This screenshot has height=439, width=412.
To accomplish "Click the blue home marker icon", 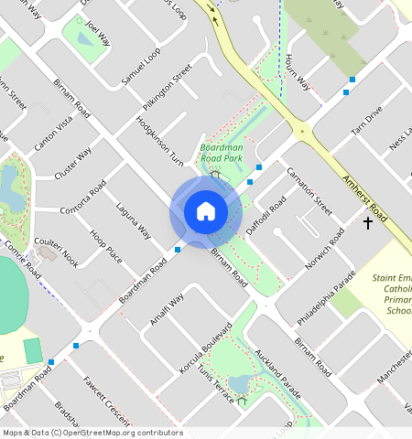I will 206,212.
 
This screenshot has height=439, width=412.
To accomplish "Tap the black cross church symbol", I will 368,223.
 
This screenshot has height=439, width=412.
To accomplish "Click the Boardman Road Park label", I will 221,152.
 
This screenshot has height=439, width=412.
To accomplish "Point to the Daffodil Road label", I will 266,216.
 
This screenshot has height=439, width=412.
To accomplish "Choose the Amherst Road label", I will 366,200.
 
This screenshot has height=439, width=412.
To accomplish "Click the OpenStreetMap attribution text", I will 92,433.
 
